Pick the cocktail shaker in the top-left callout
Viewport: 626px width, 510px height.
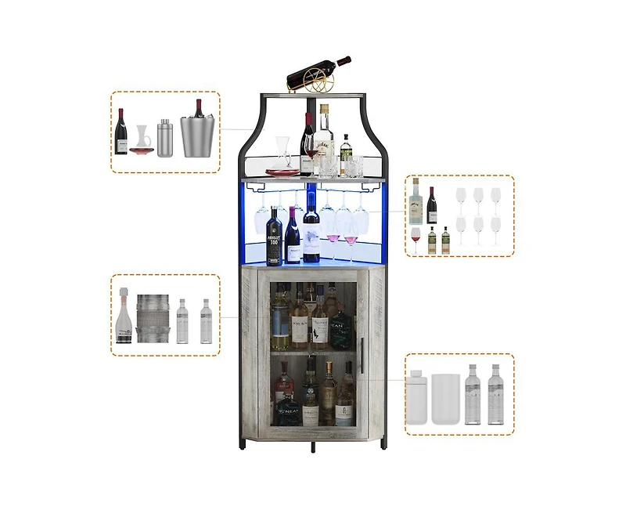(x=164, y=138)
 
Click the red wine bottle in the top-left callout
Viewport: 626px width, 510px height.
(x=121, y=132)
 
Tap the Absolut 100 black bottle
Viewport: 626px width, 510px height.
(x=275, y=237)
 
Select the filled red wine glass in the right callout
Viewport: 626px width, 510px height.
(x=416, y=238)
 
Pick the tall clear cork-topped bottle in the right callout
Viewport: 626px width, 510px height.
(x=416, y=202)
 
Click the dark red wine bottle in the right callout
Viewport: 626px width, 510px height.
(x=432, y=206)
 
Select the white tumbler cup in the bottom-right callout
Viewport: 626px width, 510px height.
(x=445, y=399)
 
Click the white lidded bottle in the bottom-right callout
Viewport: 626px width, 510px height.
(x=418, y=397)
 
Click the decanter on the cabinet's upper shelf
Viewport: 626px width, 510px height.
(x=283, y=157)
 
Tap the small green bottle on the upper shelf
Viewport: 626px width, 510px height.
(x=345, y=154)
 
